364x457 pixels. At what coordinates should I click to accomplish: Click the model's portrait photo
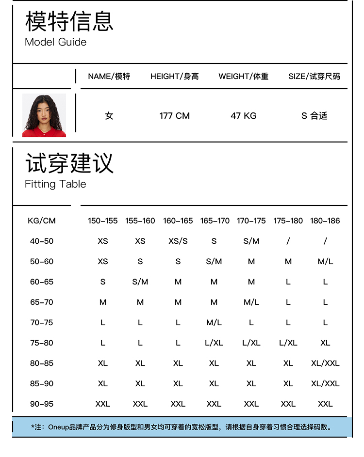(x=44, y=115)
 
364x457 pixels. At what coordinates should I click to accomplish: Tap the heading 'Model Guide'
(x=55, y=42)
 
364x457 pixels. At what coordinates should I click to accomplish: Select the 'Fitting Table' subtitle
(x=55, y=184)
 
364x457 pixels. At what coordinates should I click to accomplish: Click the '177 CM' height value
(x=174, y=116)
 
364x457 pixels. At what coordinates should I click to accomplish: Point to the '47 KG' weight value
(x=243, y=116)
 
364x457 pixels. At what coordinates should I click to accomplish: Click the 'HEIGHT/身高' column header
(x=174, y=76)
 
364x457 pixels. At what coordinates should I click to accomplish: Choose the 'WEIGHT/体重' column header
(x=243, y=76)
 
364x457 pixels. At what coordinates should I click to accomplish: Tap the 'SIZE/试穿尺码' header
(x=314, y=76)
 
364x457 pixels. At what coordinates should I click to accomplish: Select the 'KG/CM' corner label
(x=42, y=221)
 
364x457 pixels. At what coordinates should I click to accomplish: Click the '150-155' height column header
(x=103, y=221)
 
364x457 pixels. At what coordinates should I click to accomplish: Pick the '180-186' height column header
(x=325, y=221)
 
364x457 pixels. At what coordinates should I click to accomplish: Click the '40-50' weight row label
(x=42, y=241)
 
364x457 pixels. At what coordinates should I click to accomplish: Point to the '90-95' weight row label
(x=42, y=404)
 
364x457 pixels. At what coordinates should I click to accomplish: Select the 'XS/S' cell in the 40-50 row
(x=178, y=241)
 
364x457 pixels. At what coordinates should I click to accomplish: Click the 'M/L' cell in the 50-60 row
(x=325, y=261)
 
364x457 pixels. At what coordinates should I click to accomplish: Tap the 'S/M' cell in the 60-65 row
(x=140, y=282)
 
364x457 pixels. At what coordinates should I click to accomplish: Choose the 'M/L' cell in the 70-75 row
(x=214, y=322)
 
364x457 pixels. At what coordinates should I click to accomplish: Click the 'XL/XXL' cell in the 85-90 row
(x=325, y=383)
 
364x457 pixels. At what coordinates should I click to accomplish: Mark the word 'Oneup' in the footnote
(x=58, y=427)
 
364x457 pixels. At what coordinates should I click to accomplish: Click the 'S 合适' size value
(x=314, y=116)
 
